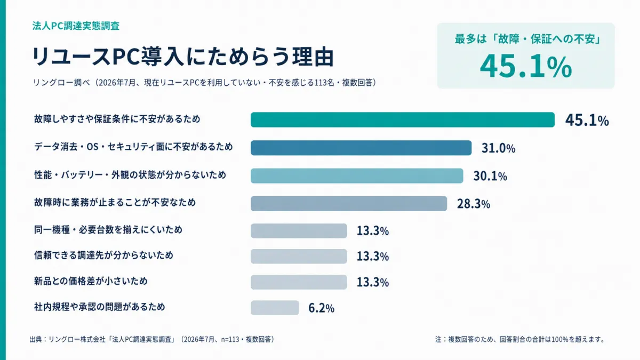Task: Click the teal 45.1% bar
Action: click(x=403, y=119)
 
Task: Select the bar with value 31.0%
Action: click(x=361, y=148)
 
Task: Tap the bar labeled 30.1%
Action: click(x=357, y=175)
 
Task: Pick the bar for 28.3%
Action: click(x=349, y=204)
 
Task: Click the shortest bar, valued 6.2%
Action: click(x=275, y=308)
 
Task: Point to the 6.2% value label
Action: click(x=322, y=308)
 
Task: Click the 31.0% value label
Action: click(x=499, y=148)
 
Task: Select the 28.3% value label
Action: click(x=474, y=204)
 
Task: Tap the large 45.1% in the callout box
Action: click(x=526, y=67)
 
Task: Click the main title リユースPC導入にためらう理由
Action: click(x=183, y=57)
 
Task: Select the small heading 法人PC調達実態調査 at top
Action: click(x=76, y=26)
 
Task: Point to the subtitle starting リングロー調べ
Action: click(x=205, y=83)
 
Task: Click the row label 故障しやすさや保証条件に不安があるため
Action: click(x=117, y=119)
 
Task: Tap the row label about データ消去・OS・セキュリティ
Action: click(x=133, y=147)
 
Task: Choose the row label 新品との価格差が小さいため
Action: click(x=91, y=281)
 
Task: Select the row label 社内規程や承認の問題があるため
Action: click(x=99, y=307)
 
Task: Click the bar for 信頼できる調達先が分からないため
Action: click(x=299, y=257)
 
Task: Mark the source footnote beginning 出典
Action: click(x=152, y=339)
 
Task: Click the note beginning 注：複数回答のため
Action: click(x=520, y=339)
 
